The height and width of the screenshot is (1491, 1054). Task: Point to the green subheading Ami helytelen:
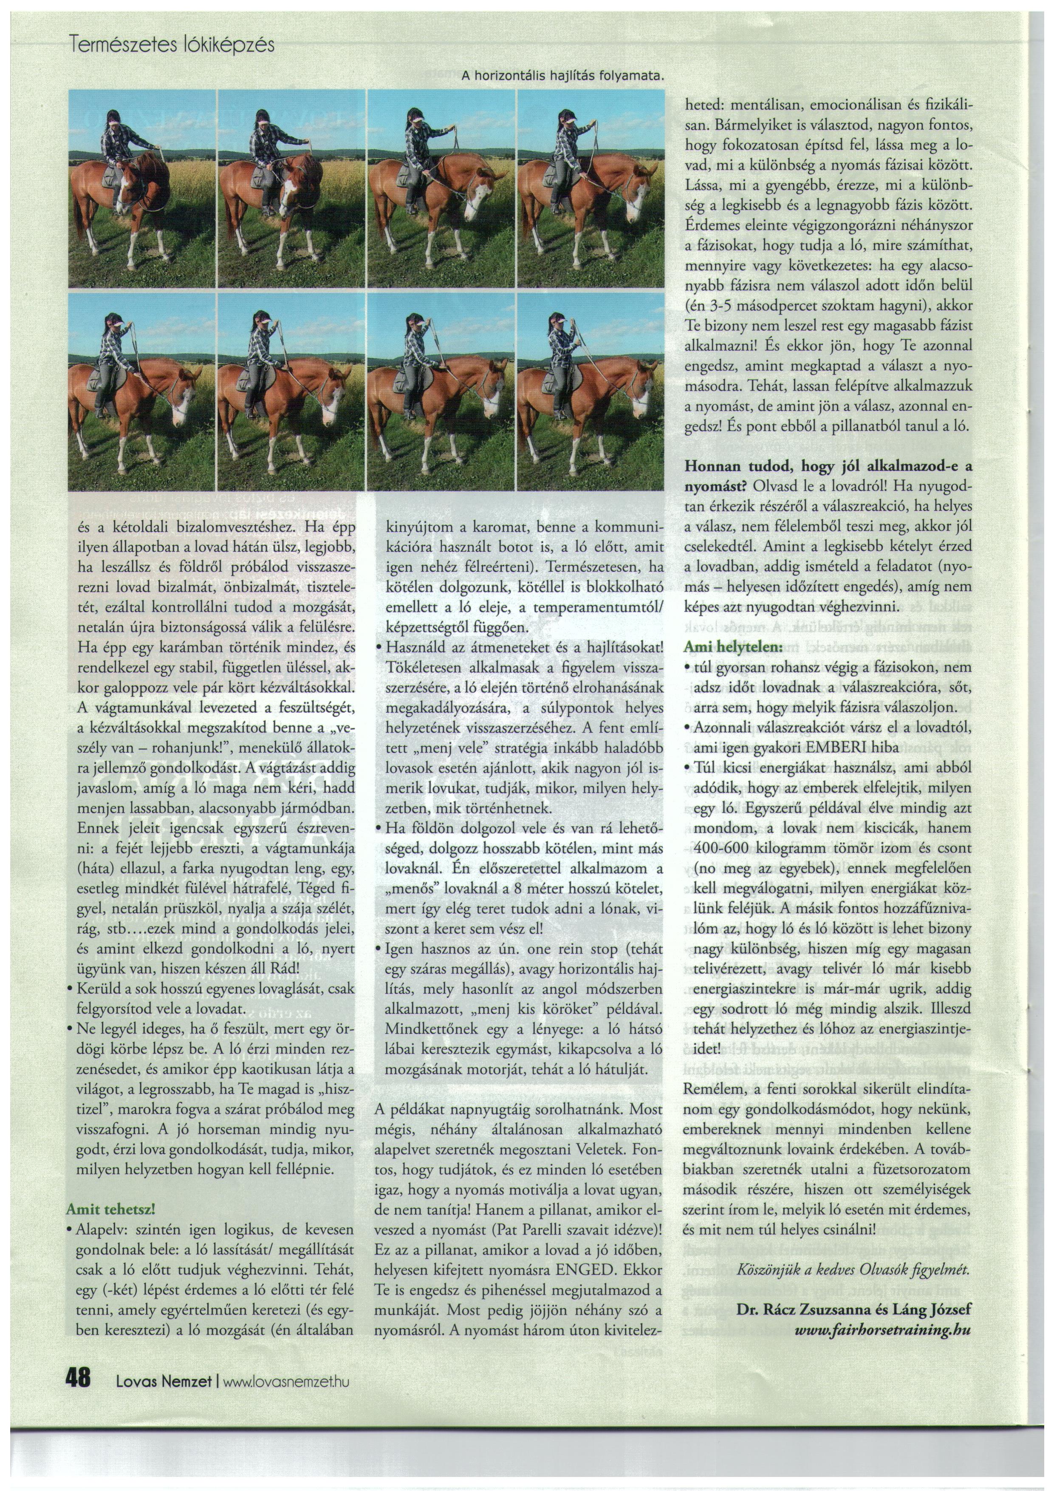[733, 648]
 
